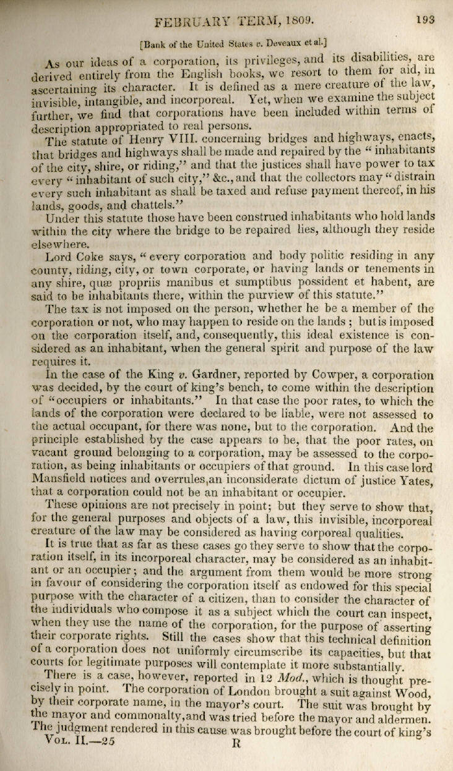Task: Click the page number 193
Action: tap(425, 19)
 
